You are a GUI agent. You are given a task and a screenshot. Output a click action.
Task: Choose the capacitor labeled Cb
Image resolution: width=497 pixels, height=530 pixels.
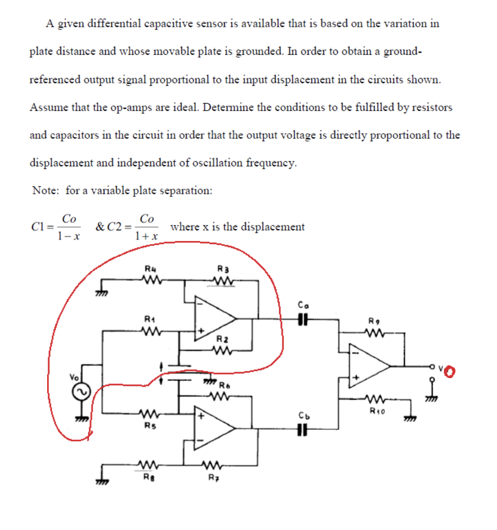[x=302, y=429]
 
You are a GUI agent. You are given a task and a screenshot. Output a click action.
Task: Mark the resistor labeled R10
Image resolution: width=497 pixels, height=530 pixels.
[x=375, y=399]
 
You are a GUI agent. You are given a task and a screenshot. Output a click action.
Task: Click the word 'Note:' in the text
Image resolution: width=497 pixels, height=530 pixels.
[x=45, y=190]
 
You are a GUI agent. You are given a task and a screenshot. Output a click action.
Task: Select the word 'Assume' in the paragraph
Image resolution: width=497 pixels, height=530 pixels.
[x=47, y=107]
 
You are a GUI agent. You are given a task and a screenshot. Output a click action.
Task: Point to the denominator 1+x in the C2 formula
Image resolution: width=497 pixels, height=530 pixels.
[x=146, y=236]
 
